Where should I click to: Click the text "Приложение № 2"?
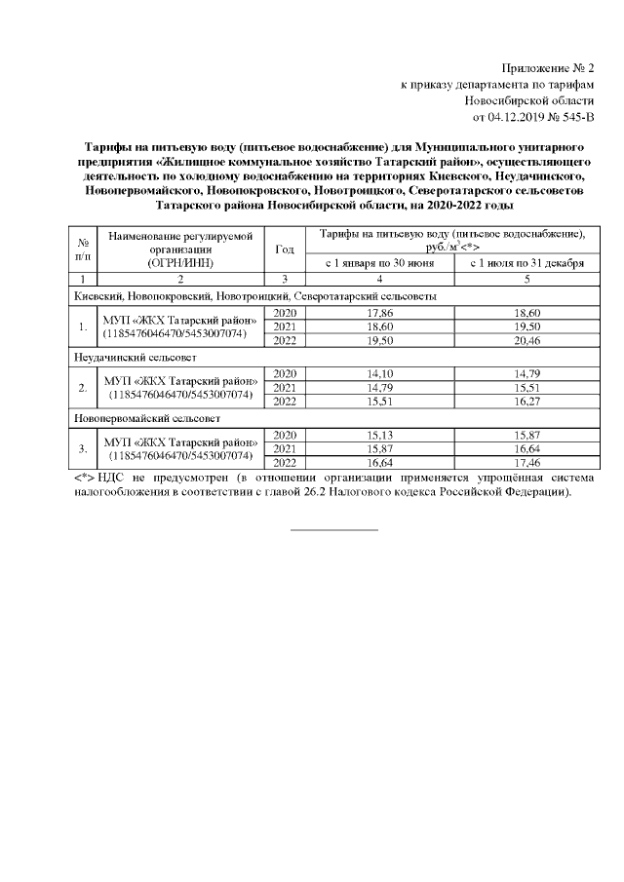point(547,68)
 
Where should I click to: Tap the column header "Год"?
point(285,249)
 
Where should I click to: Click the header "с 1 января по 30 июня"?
point(377,263)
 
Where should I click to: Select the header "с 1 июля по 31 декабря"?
point(526,263)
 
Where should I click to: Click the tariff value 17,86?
point(377,312)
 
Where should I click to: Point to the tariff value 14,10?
point(377,373)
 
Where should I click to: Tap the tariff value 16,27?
point(526,401)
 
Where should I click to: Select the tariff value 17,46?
point(526,462)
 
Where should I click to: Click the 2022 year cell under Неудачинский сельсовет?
point(285,401)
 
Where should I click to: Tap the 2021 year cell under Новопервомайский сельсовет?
point(285,448)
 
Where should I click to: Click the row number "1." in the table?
point(83,326)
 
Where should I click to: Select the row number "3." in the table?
point(83,448)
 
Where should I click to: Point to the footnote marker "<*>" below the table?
point(83,479)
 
